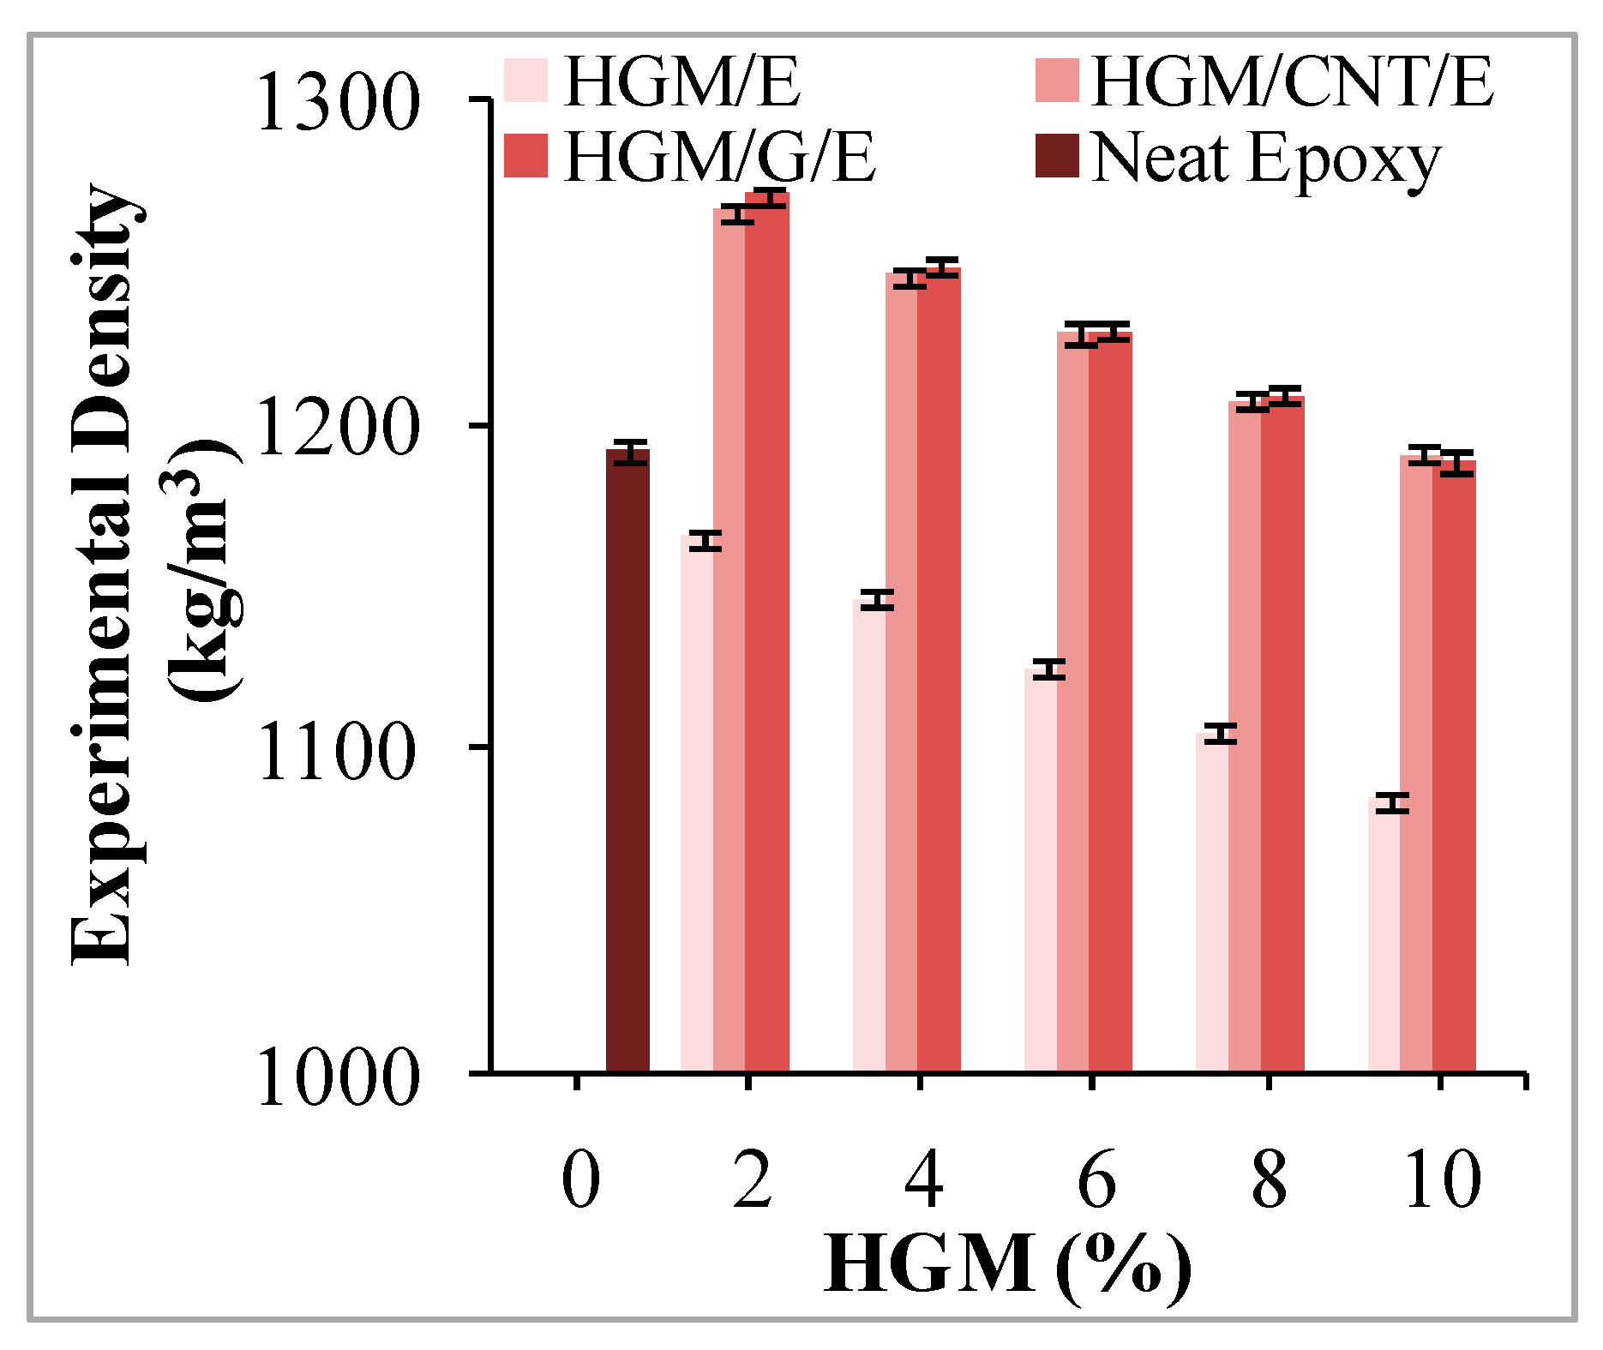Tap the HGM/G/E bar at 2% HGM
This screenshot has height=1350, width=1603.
coord(767,634)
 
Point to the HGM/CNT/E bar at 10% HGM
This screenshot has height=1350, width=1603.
coord(1416,763)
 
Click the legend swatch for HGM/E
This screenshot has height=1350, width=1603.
coord(525,81)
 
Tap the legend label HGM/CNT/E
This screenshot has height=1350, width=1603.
coord(1292,82)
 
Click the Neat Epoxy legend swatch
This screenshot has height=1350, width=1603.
coord(1056,155)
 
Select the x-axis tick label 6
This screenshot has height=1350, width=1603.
coord(1096,1180)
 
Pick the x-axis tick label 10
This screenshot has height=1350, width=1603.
coord(1442,1180)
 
